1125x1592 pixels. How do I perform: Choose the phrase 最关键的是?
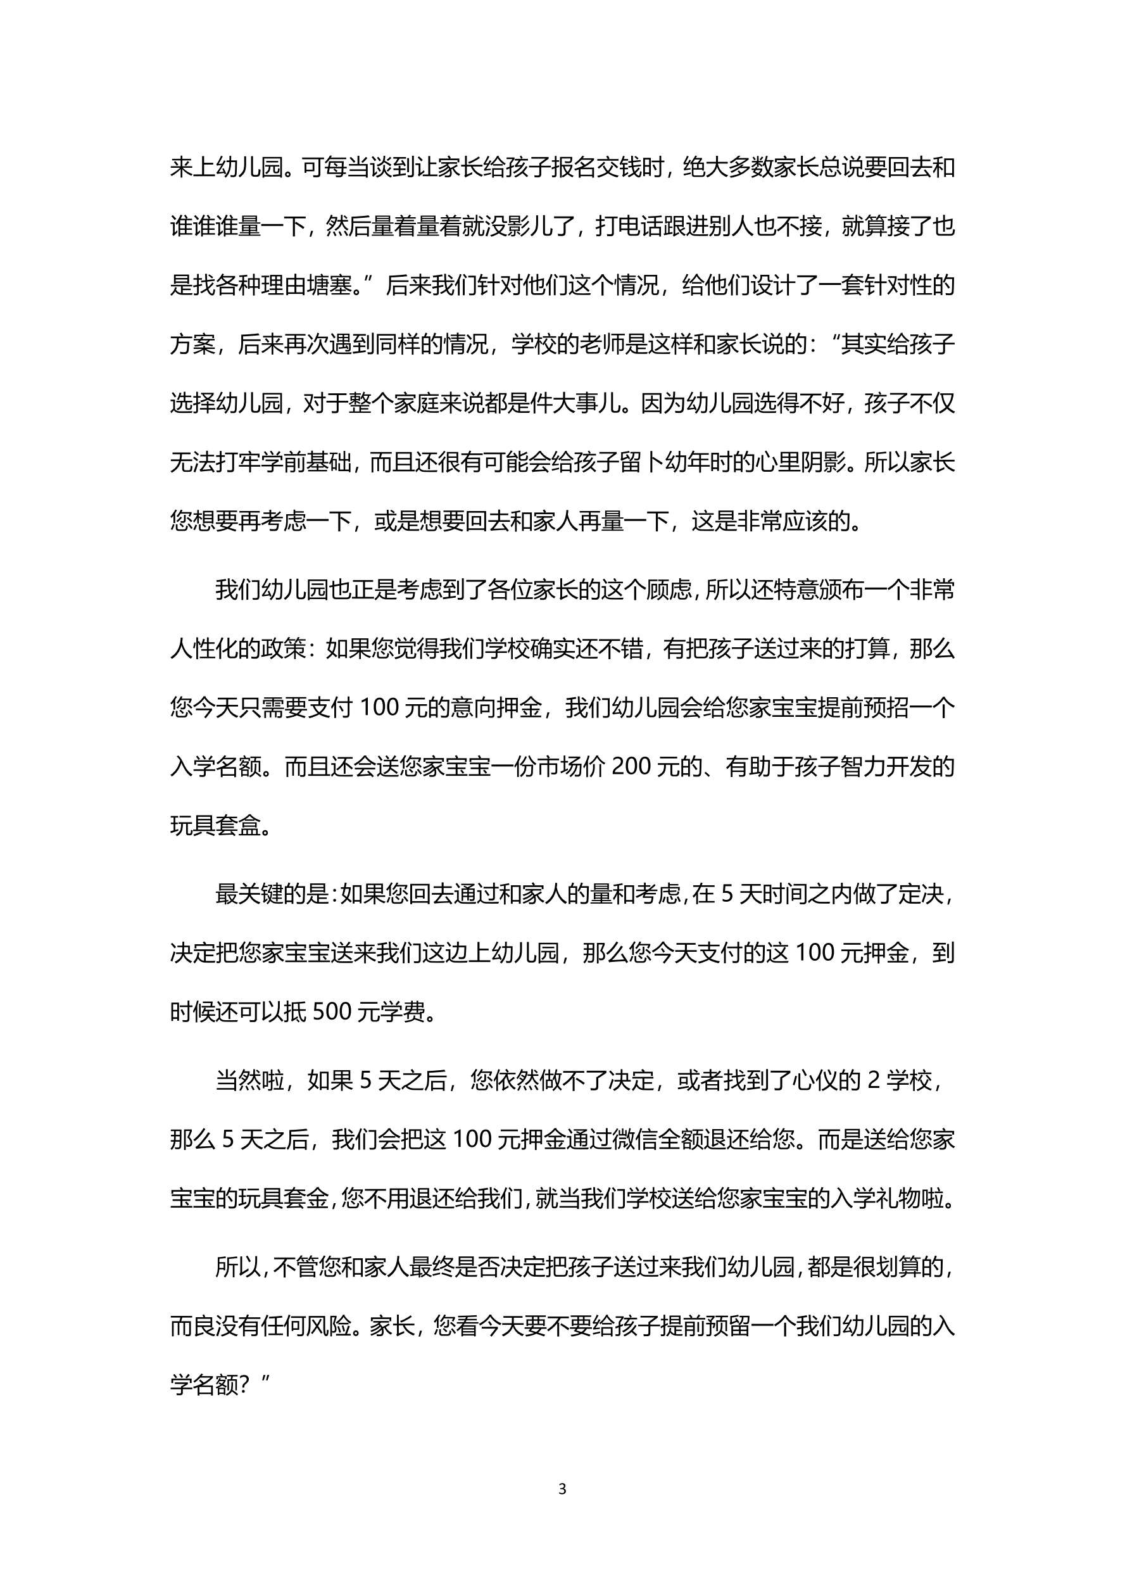272,895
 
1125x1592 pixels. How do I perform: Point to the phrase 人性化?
204,649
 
